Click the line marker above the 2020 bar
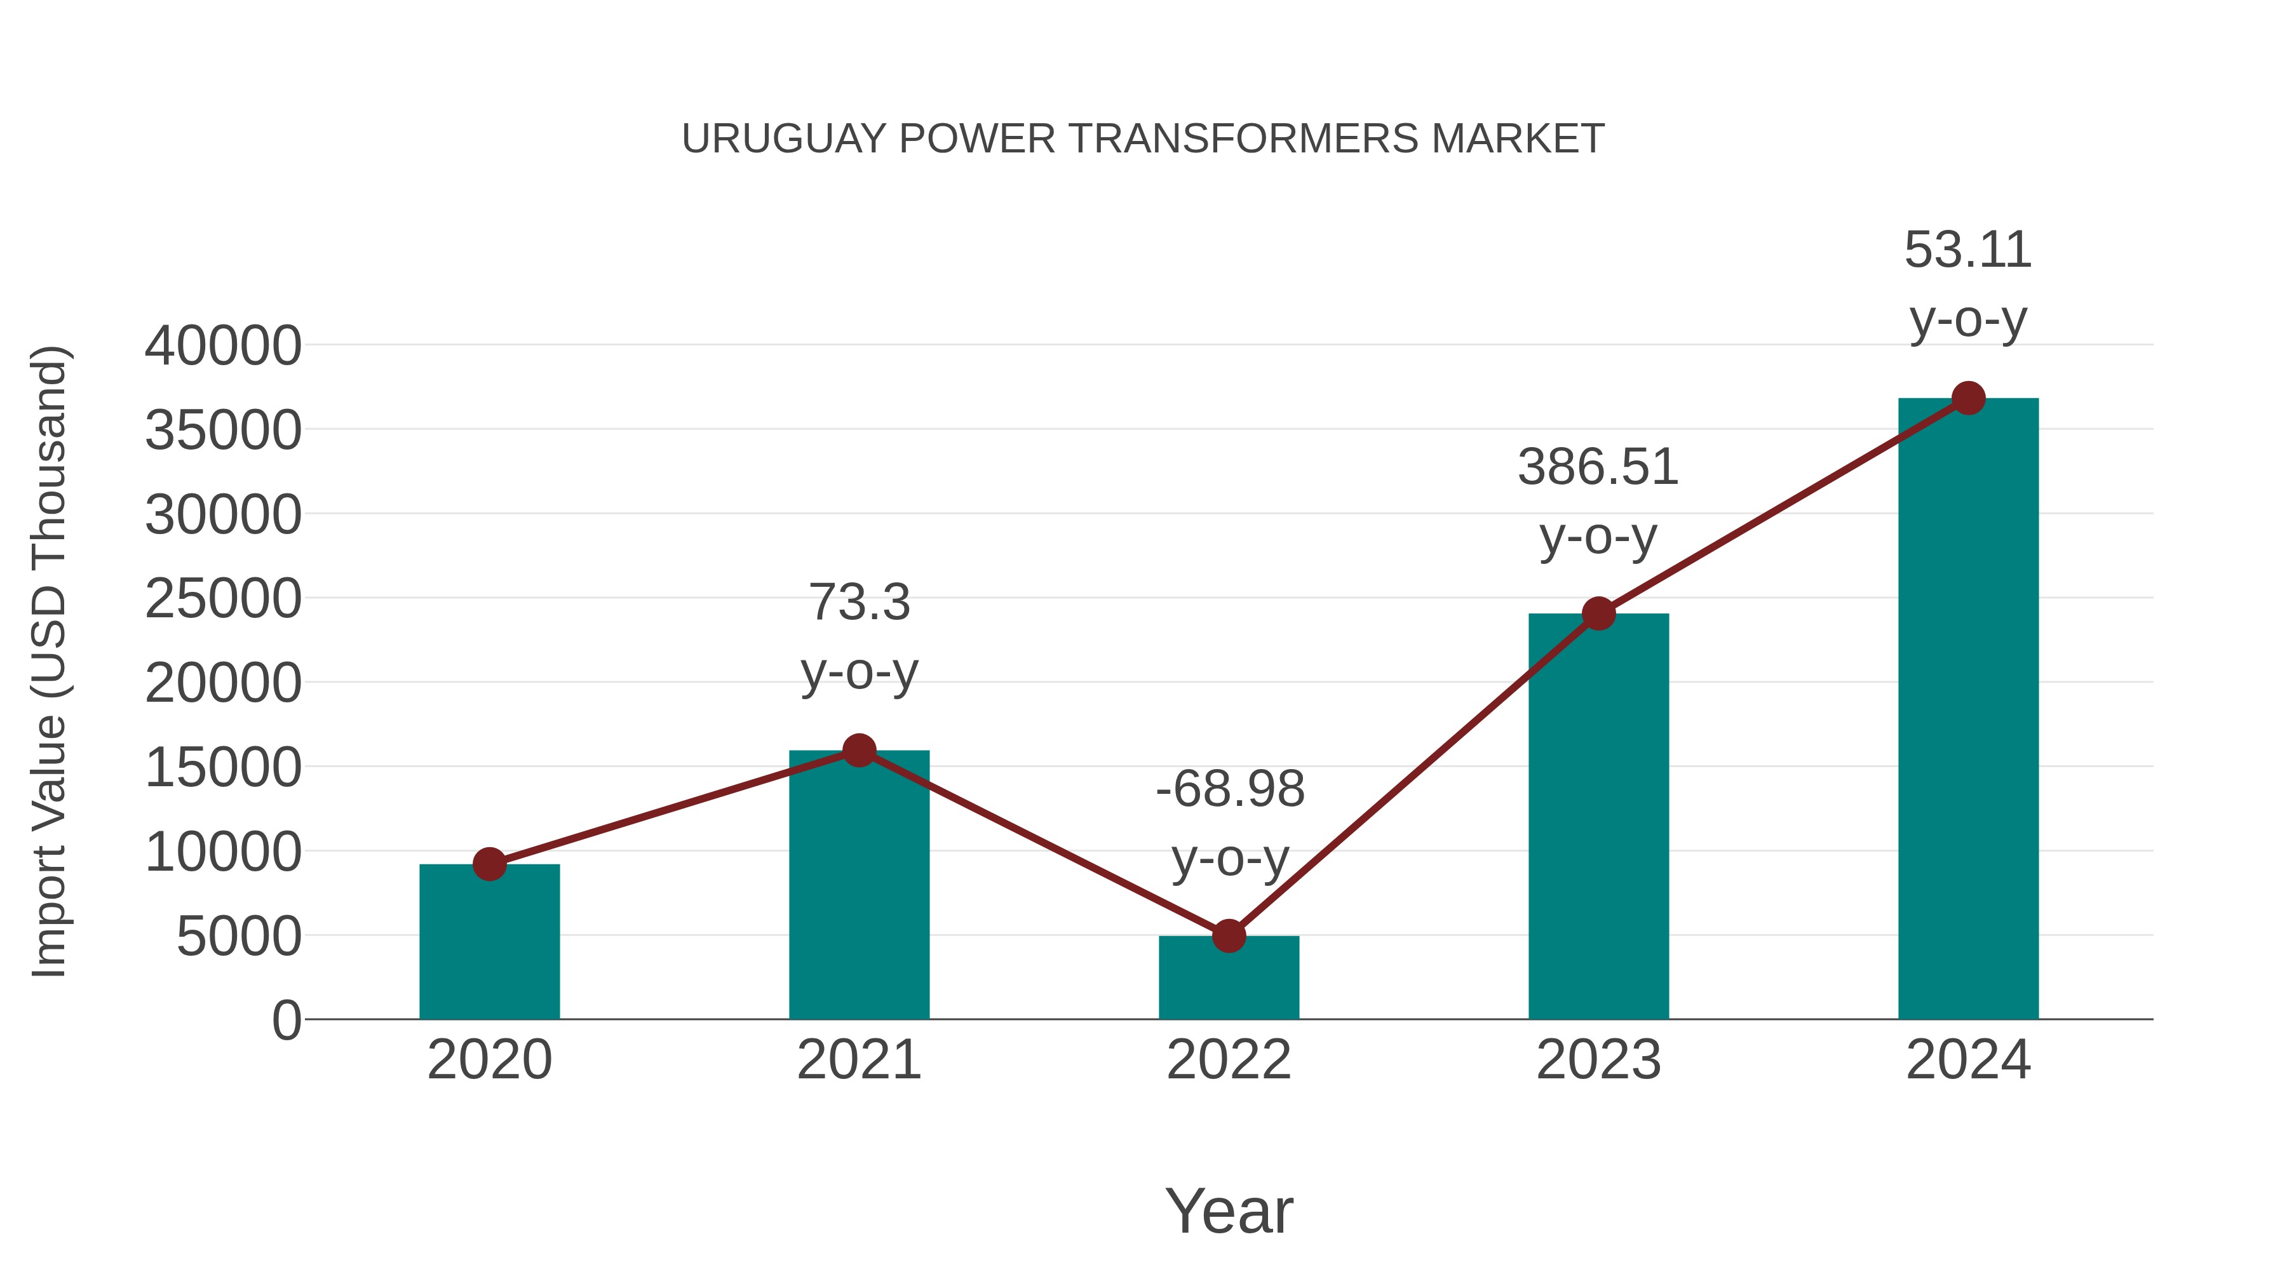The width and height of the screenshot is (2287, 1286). point(489,864)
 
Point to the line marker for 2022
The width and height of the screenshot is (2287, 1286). point(1228,935)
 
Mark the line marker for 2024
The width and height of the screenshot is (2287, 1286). point(1968,398)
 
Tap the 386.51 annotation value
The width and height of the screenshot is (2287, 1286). point(1598,467)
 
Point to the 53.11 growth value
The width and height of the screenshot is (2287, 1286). point(1967,250)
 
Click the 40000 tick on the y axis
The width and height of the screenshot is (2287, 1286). point(223,346)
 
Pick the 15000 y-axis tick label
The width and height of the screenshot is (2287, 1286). point(223,768)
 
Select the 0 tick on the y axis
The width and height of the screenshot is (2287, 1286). point(286,1021)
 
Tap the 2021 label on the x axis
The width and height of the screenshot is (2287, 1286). point(858,1060)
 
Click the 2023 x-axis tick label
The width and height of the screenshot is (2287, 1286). point(1598,1060)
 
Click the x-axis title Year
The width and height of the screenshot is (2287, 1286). point(1229,1210)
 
